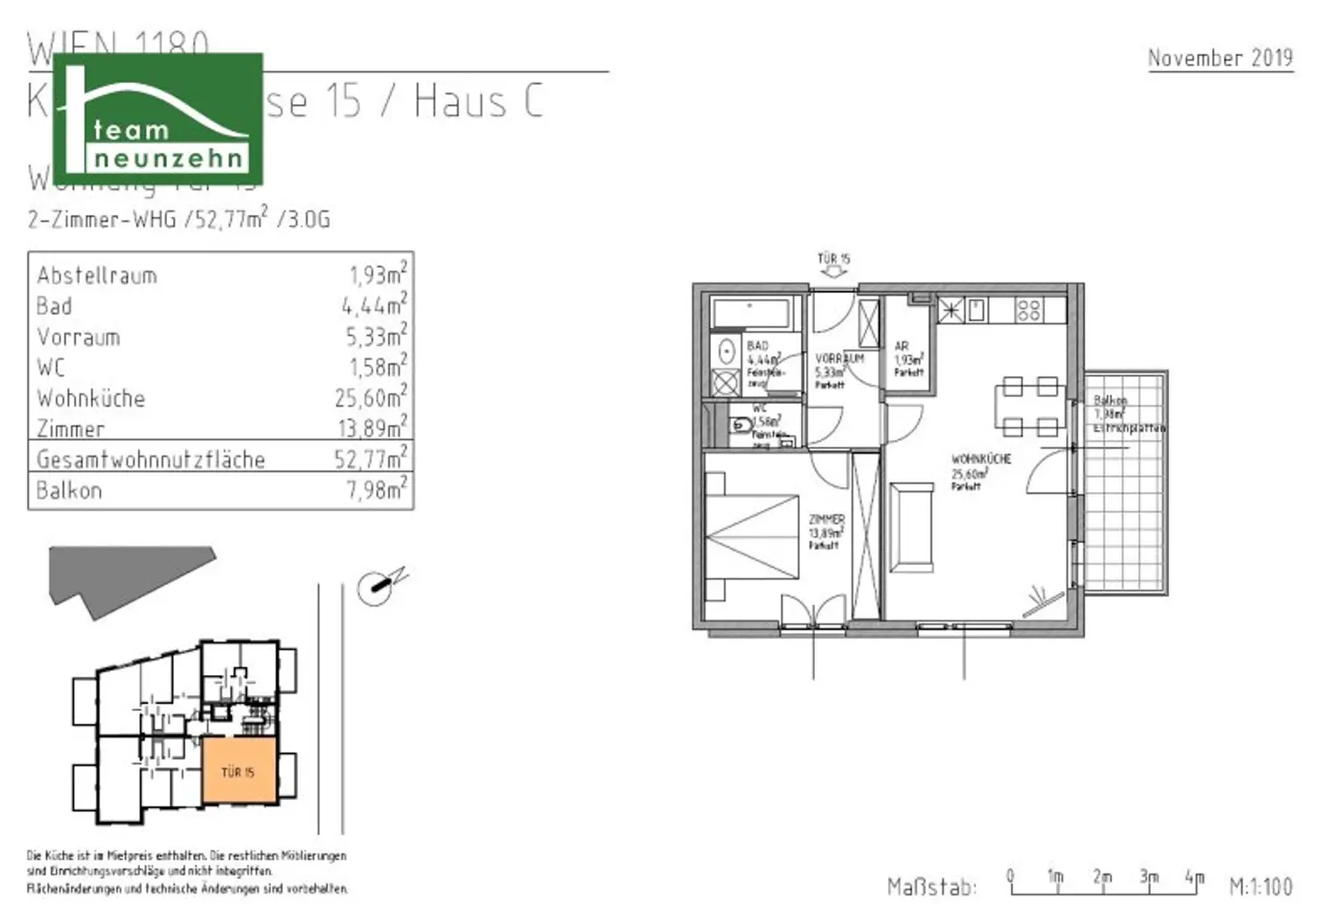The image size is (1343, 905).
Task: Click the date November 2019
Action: pyautogui.click(x=1220, y=58)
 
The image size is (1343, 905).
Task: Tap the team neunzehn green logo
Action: pyautogui.click(x=158, y=119)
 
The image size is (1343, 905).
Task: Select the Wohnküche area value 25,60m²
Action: pyautogui.click(x=371, y=398)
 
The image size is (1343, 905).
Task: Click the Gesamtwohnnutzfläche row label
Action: pyautogui.click(x=150, y=459)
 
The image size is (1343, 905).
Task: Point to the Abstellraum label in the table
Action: pyautogui.click(x=97, y=275)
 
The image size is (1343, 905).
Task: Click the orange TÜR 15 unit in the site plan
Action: pyautogui.click(x=239, y=771)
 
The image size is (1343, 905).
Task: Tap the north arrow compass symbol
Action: pyautogui.click(x=378, y=587)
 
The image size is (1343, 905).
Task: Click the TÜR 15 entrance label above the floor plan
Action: pyautogui.click(x=833, y=259)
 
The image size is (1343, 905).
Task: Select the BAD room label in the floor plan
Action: pyautogui.click(x=757, y=346)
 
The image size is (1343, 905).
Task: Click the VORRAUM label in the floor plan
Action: pyautogui.click(x=839, y=359)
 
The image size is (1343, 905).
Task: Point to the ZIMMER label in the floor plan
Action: pyautogui.click(x=826, y=519)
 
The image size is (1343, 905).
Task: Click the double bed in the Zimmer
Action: pyautogui.click(x=752, y=535)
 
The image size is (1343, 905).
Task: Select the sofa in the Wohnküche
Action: pyautogui.click(x=911, y=527)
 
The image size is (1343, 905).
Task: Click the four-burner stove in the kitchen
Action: pyautogui.click(x=1029, y=310)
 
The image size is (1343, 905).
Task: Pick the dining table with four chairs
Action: pyautogui.click(x=1030, y=407)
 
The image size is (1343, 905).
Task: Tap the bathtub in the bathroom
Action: pyautogui.click(x=751, y=312)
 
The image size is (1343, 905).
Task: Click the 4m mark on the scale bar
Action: pyautogui.click(x=1194, y=876)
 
